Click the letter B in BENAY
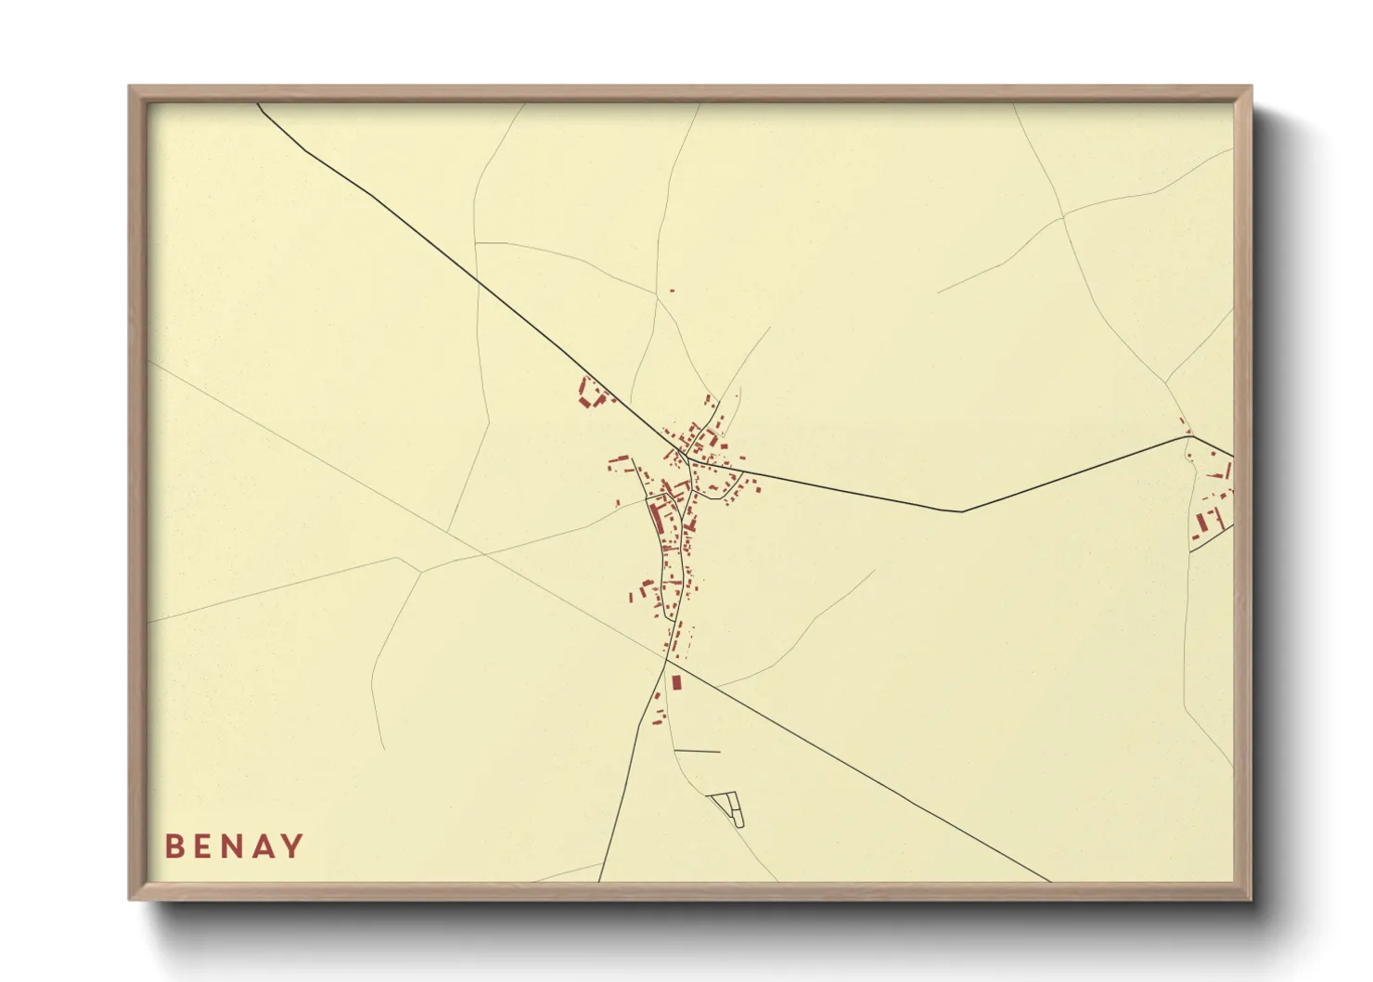[173, 846]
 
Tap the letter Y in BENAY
[292, 846]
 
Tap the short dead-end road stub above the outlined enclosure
[697, 751]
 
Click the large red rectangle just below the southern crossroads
[676, 682]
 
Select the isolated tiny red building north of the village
[672, 291]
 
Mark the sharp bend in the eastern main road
[962, 511]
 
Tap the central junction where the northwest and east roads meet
[687, 458]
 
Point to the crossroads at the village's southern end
[666, 660]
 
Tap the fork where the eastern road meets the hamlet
[1194, 436]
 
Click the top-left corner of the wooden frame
[130, 87]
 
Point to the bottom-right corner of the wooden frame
[1251, 898]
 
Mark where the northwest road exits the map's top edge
[258, 104]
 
